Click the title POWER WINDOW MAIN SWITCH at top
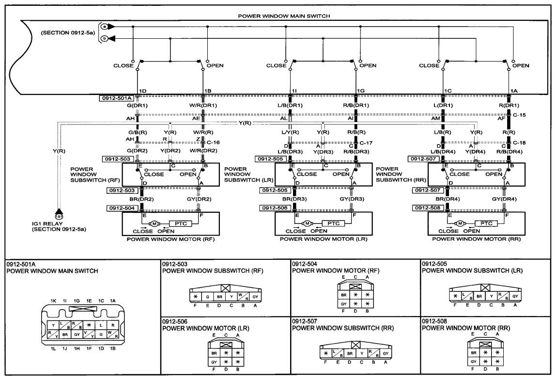click(284, 16)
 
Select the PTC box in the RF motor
click(181, 223)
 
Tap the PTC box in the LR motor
click(334, 223)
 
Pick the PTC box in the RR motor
click(486, 223)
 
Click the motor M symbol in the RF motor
click(154, 223)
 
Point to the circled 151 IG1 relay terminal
click(59, 217)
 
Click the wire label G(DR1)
click(138, 105)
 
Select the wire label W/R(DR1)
click(203, 105)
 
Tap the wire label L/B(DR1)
click(291, 105)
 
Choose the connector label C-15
click(520, 115)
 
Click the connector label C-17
click(366, 143)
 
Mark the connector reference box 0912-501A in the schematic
click(117, 98)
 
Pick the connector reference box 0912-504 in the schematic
click(122, 208)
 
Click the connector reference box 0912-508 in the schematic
click(428, 208)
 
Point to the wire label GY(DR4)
click(504, 199)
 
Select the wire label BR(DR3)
click(294, 199)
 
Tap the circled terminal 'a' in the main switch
click(104, 27)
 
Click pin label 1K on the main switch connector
click(53, 301)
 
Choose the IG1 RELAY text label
click(47, 224)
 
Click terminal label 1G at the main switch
click(361, 91)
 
